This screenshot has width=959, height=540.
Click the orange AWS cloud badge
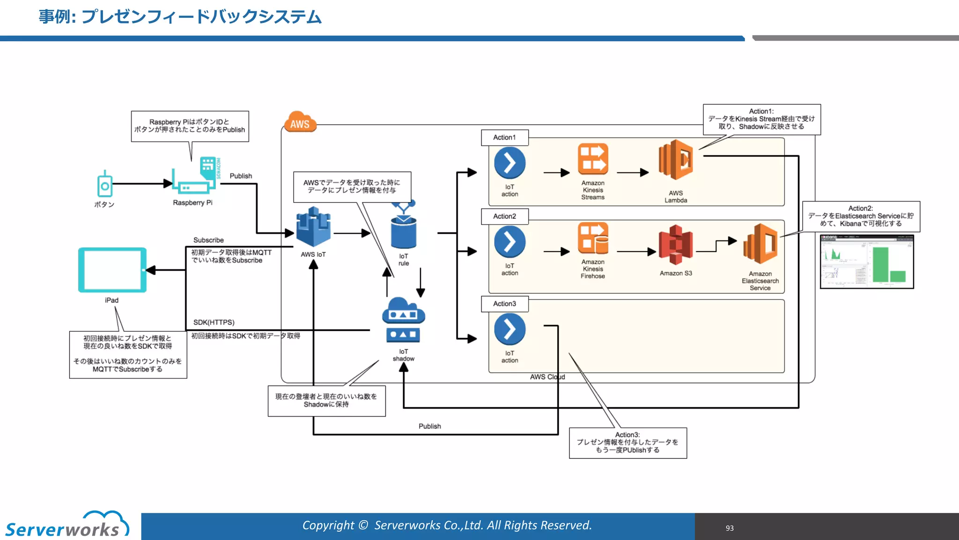click(300, 122)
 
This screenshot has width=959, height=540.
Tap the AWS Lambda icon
click(676, 160)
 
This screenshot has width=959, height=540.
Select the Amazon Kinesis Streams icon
click(593, 159)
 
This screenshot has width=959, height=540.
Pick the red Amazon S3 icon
click(675, 245)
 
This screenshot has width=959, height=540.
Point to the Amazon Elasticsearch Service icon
click(760, 244)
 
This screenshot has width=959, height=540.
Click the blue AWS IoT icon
click(313, 227)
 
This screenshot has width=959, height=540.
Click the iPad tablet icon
click(112, 270)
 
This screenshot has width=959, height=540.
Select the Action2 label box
click(504, 216)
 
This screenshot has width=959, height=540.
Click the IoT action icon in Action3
click(509, 329)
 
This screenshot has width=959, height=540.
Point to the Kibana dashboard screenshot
click(867, 262)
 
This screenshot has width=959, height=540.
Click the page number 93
click(730, 528)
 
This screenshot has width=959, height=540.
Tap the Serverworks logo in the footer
click(66, 525)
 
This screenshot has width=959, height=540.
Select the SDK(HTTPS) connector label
click(214, 322)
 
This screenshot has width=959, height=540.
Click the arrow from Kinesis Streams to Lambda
click(633, 172)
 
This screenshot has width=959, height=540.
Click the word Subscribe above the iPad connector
click(208, 240)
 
